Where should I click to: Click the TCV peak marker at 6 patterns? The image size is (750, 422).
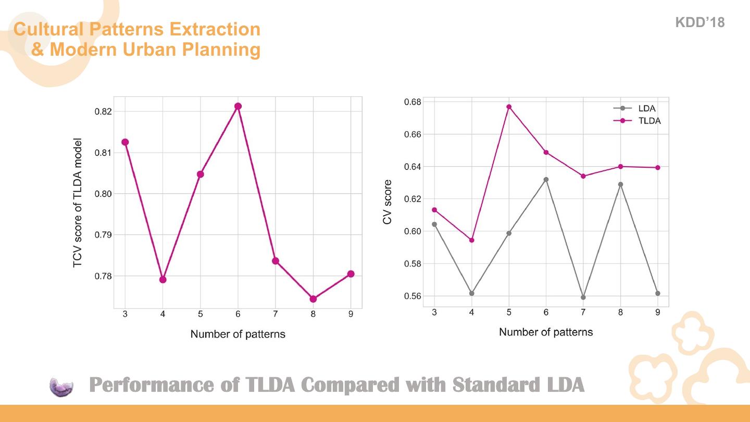point(238,106)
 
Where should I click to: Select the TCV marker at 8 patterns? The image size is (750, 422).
point(313,299)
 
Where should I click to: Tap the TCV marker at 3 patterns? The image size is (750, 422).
point(125,142)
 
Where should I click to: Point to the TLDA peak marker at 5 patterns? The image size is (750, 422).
point(509,107)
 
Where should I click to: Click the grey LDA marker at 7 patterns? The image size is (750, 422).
point(583,297)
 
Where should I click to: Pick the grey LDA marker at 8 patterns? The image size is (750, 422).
point(620,184)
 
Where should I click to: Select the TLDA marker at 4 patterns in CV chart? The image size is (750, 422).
point(472,240)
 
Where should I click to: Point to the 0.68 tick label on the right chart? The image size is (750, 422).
point(413,102)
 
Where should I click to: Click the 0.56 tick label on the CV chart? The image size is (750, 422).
point(413,296)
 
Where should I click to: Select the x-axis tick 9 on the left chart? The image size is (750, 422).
point(351,314)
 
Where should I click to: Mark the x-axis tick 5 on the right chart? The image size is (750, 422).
point(509,312)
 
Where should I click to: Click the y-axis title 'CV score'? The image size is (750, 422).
point(387,202)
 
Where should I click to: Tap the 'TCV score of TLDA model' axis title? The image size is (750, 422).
point(78,203)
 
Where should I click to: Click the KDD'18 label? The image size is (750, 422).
point(699,22)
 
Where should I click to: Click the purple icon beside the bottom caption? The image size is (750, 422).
point(61,387)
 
